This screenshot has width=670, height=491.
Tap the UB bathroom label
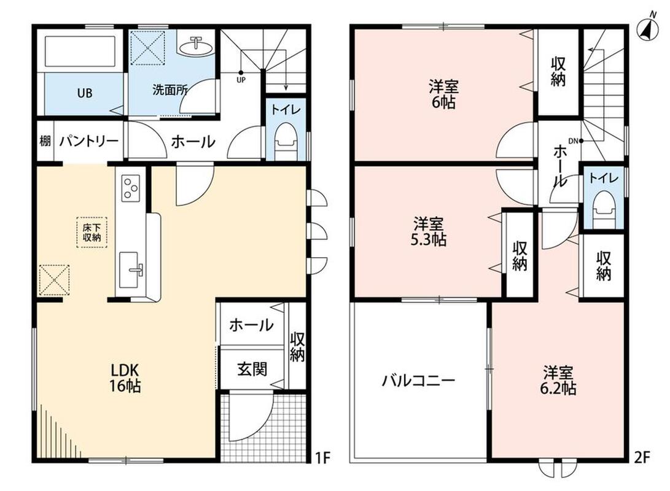click(85, 92)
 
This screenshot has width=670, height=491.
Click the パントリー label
click(89, 141)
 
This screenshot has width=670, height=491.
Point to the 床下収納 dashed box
click(92, 233)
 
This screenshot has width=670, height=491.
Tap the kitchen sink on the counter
click(130, 269)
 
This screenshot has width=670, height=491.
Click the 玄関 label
click(252, 368)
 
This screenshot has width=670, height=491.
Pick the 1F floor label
click(323, 458)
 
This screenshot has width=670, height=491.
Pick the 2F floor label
click(642, 458)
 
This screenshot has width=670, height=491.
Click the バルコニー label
click(419, 379)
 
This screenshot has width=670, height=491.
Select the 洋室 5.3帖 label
click(429, 231)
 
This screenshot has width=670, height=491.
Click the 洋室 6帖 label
click(443, 94)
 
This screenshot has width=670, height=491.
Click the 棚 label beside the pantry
click(45, 141)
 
